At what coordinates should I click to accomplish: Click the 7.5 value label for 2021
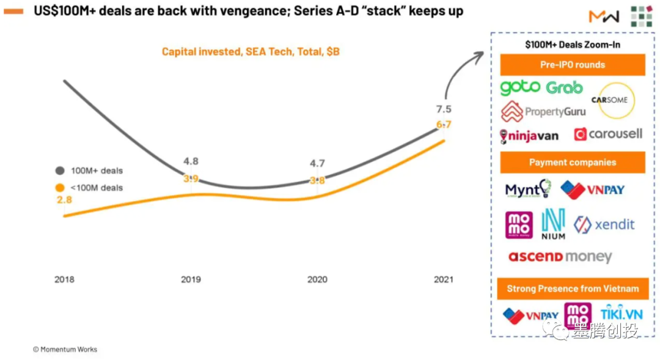(x=444, y=109)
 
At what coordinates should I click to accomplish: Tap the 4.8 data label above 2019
(x=191, y=161)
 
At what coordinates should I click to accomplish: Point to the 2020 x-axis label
(x=317, y=279)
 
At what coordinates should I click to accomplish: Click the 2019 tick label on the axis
(x=191, y=279)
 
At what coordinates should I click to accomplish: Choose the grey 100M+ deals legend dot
(x=60, y=171)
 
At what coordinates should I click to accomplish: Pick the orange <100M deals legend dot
(x=60, y=188)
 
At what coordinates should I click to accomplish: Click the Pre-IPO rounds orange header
(x=572, y=65)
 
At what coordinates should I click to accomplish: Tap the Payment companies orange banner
(x=572, y=163)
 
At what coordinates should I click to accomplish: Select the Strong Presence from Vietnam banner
(x=572, y=288)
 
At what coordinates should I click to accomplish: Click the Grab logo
(x=564, y=88)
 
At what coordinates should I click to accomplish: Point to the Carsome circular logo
(x=615, y=100)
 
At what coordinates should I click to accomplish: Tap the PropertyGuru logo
(x=543, y=112)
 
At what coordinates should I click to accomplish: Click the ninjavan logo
(x=529, y=136)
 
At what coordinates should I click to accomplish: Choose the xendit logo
(x=604, y=224)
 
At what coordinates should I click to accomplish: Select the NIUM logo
(x=553, y=224)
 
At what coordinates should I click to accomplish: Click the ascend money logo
(x=559, y=257)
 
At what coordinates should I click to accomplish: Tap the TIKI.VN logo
(x=621, y=314)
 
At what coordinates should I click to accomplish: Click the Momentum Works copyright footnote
(x=65, y=350)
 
